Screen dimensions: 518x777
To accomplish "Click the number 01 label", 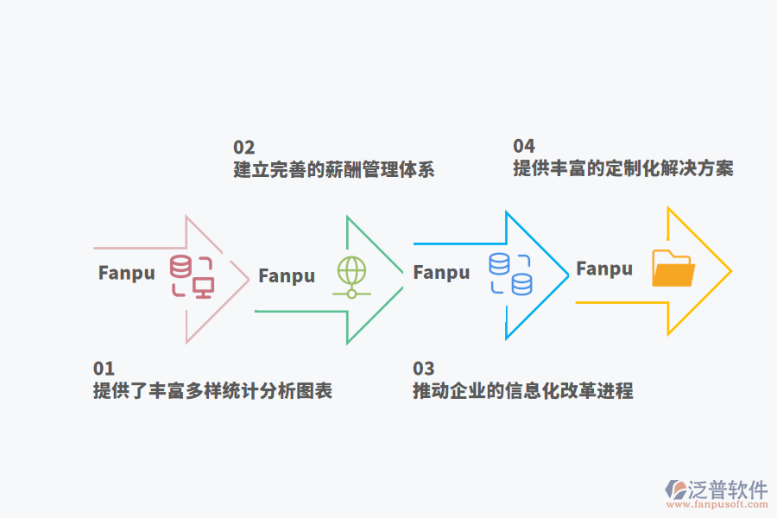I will [104, 369].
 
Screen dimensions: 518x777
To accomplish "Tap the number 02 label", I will [244, 148].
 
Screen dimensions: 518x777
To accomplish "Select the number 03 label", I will [423, 369].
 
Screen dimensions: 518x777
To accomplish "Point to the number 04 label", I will [524, 146].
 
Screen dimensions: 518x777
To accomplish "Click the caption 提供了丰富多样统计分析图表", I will [212, 391].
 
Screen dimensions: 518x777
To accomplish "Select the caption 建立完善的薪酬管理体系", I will [334, 170].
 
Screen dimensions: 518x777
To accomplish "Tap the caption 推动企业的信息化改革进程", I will [523, 391].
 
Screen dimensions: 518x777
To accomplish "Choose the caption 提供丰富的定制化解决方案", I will [623, 168].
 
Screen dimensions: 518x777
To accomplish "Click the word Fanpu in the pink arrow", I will [127, 273].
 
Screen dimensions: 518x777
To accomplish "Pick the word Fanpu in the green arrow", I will [287, 276].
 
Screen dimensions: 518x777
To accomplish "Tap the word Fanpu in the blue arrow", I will [442, 273].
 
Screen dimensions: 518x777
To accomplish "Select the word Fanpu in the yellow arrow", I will [604, 268].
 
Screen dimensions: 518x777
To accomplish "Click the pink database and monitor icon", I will [192, 276].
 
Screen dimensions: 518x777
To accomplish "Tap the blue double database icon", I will [510, 274].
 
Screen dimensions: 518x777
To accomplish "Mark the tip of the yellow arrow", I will [730, 271].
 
